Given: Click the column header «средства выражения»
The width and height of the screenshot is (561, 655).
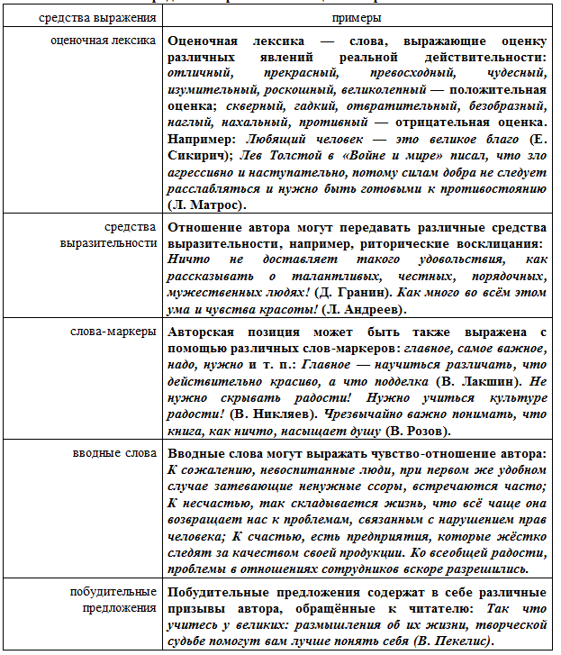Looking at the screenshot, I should click(83, 17).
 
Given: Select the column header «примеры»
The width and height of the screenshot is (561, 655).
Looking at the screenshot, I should click(357, 17).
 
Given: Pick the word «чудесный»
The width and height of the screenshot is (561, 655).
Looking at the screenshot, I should click(512, 74).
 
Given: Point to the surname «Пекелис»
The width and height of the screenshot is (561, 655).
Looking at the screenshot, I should click(453, 641).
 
